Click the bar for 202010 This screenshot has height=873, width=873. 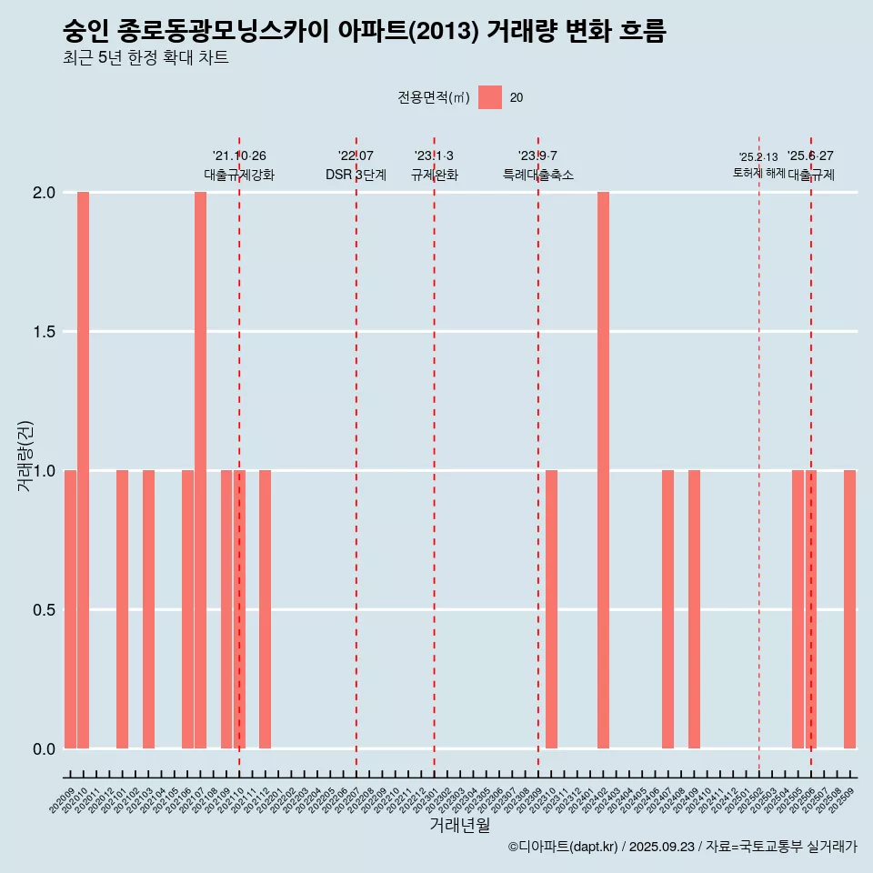click(x=83, y=470)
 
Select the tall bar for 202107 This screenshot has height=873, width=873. click(x=200, y=470)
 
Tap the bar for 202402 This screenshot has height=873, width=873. click(x=603, y=470)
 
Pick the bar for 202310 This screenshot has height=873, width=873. click(x=551, y=609)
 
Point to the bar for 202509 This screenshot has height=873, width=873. click(x=849, y=609)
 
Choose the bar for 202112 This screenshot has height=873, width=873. click(x=265, y=609)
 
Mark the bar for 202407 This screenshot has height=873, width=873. click(x=667, y=609)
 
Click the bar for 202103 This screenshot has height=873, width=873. click(x=148, y=609)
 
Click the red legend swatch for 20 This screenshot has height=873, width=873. click(x=490, y=97)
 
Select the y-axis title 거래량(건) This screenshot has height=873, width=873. click(x=25, y=457)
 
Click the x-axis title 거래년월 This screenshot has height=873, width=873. click(x=459, y=826)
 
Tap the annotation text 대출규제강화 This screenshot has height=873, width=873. click(x=239, y=175)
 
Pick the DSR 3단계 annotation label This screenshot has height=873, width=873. click(x=356, y=175)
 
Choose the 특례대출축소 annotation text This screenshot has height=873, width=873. click(x=538, y=175)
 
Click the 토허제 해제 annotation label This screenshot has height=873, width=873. click(x=758, y=173)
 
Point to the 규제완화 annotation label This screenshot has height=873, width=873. click(x=434, y=175)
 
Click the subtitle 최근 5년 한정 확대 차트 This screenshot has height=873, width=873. click(x=145, y=58)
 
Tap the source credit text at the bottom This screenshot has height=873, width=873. click(x=682, y=847)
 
